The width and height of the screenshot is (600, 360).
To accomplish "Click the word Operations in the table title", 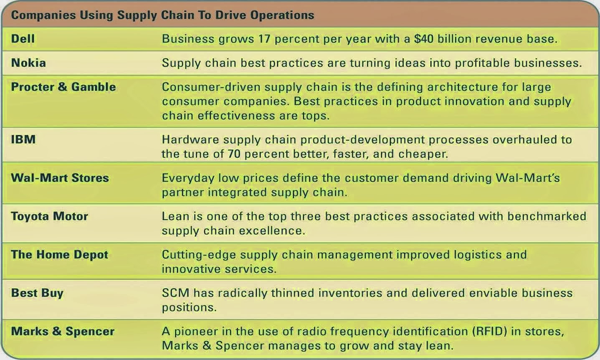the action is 282,15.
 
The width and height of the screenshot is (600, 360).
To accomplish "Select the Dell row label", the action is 23,39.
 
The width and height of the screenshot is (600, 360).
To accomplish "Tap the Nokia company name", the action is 28,63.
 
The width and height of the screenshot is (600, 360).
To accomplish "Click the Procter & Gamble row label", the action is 63,87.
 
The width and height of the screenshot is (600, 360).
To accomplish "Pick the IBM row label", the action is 23,139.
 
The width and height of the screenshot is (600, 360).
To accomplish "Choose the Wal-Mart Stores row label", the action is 60,178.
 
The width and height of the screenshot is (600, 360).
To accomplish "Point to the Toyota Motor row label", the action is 50,216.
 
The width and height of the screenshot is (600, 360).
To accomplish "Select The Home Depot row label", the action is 59,255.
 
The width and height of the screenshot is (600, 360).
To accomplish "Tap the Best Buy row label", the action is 37,293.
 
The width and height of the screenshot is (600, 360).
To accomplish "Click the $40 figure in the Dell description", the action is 424,39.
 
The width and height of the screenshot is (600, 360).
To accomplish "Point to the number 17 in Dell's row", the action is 264,39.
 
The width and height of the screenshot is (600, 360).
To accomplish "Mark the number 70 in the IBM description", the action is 234,154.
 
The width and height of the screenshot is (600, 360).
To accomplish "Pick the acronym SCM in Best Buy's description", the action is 175,293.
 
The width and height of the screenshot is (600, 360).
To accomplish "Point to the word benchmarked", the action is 547,216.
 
